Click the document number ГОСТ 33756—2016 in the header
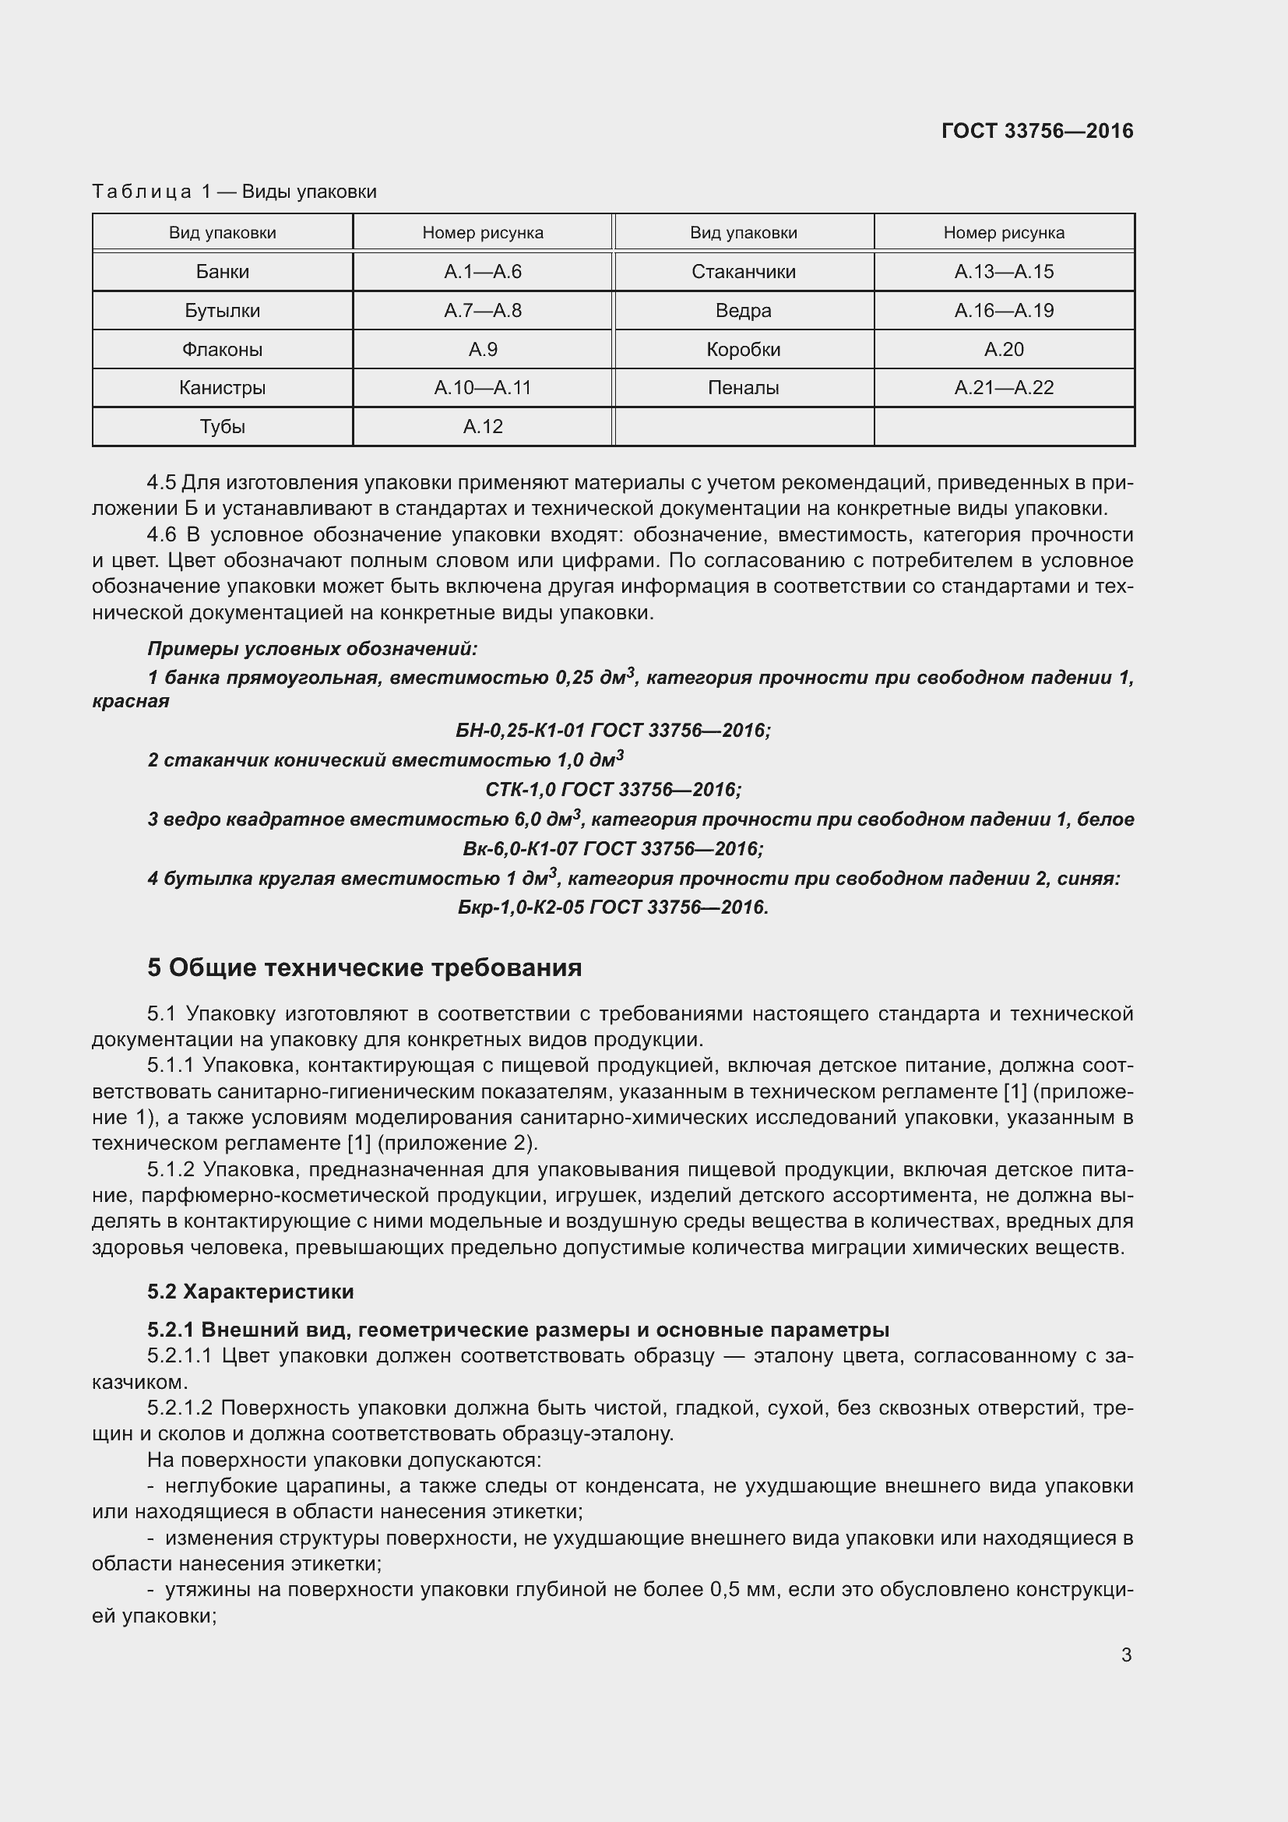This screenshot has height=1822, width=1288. point(1036,131)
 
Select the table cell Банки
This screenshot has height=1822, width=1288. point(222,271)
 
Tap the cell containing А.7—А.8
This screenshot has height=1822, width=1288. point(482,310)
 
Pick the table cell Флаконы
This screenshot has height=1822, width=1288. point(222,349)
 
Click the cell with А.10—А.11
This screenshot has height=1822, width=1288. point(482,388)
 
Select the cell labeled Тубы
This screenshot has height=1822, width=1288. point(222,427)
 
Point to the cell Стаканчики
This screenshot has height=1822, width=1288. point(743,271)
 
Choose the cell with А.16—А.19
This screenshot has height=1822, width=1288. point(1003,310)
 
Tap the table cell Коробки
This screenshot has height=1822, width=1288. point(743,349)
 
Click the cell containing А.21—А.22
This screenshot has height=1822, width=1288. point(1003,388)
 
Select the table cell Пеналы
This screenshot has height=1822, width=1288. point(743,388)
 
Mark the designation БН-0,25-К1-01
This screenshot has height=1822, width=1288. point(522,730)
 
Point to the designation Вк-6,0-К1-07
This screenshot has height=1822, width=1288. point(519,849)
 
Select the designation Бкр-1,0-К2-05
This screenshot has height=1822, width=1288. point(522,907)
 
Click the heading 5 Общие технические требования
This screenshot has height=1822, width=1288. point(364,968)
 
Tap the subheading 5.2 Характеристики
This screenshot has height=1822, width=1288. point(251,1292)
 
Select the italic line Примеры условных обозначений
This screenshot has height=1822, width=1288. point(312,649)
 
